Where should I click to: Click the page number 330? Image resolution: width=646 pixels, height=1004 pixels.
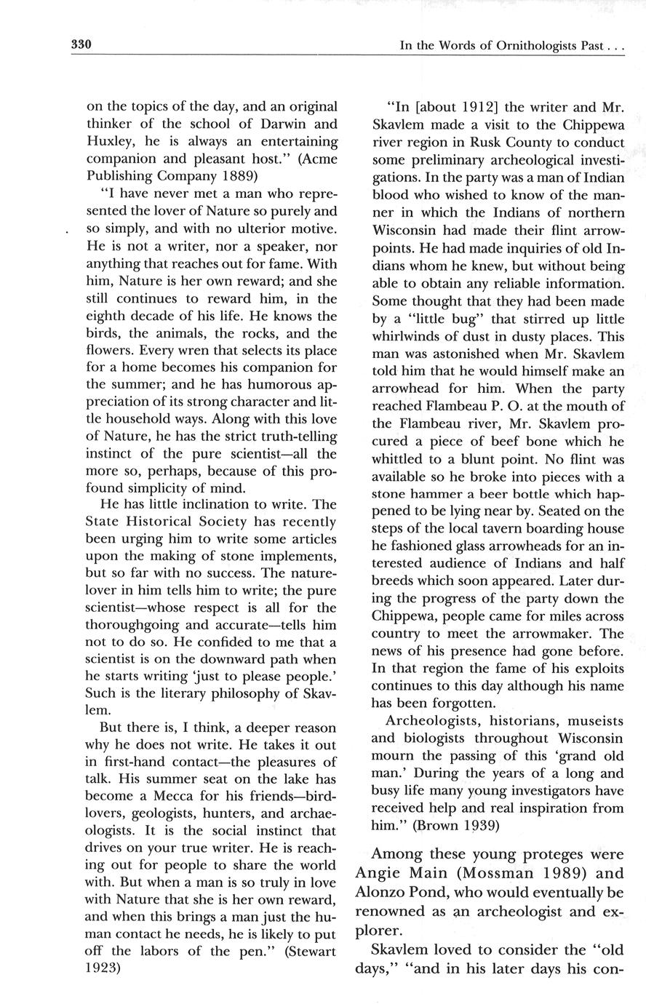(x=79, y=45)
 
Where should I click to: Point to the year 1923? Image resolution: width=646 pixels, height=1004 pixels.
(x=106, y=968)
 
